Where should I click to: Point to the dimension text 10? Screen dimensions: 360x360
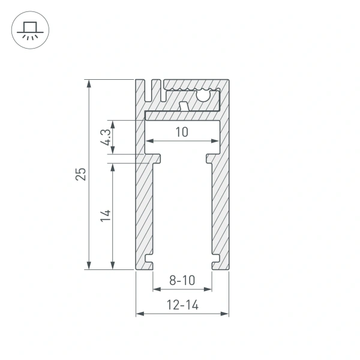182,132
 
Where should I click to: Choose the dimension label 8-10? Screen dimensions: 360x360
182,280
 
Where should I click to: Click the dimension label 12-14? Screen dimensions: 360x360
182,305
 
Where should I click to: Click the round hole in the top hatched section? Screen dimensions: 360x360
203,94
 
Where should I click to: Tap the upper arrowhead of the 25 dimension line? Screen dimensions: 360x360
89,83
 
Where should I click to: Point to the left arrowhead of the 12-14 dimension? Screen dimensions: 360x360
139,313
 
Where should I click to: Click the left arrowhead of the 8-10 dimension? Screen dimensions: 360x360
155,289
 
